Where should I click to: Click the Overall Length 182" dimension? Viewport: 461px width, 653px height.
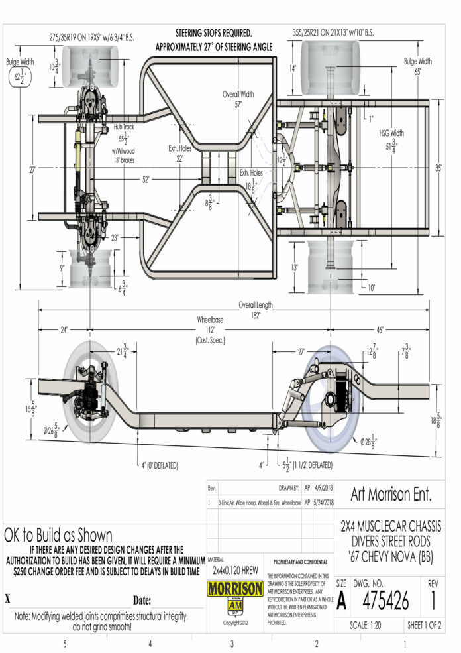256,310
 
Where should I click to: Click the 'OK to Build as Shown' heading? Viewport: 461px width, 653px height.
58,534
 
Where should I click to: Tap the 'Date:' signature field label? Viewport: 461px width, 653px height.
142,601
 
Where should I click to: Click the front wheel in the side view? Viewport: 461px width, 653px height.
88,393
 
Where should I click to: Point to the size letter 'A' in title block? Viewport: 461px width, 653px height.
341,601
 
